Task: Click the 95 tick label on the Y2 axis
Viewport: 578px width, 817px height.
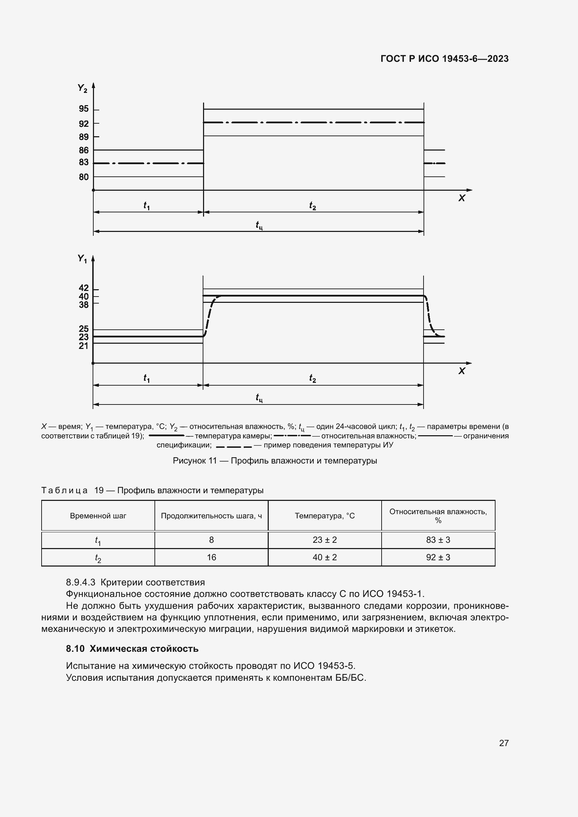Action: pos(84,109)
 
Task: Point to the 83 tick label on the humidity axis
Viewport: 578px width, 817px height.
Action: pos(84,163)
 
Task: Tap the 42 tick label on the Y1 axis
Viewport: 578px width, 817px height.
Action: pos(84,288)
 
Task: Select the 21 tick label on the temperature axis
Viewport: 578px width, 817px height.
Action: pos(84,346)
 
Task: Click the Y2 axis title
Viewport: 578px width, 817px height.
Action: pos(82,88)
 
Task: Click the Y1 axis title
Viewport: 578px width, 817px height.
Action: pos(82,259)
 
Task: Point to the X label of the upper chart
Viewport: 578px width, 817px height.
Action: pos(462,198)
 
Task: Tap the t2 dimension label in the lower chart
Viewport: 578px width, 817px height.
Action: pos(312,378)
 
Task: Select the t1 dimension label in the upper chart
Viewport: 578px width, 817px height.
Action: pos(147,206)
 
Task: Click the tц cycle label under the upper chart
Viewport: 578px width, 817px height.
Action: pos(259,225)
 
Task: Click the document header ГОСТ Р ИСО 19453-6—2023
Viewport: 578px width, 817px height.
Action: pos(445,59)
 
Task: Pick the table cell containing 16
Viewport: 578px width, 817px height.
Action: pos(211,557)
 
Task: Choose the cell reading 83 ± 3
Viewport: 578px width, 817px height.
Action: pos(438,540)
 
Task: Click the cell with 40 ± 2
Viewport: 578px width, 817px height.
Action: pos(325,557)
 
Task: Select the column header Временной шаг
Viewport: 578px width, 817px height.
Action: pos(98,516)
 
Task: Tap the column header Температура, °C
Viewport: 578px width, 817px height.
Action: pos(325,516)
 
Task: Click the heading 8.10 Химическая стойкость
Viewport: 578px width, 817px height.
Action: pos(132,649)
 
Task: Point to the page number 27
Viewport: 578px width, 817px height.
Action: pos(504,743)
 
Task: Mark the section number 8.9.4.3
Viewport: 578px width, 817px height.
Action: pos(81,583)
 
